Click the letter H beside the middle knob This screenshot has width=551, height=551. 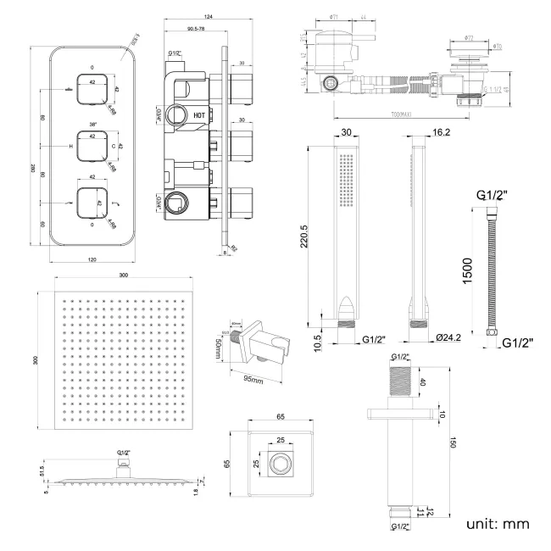click(x=70, y=147)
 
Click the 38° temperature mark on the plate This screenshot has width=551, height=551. click(x=92, y=123)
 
